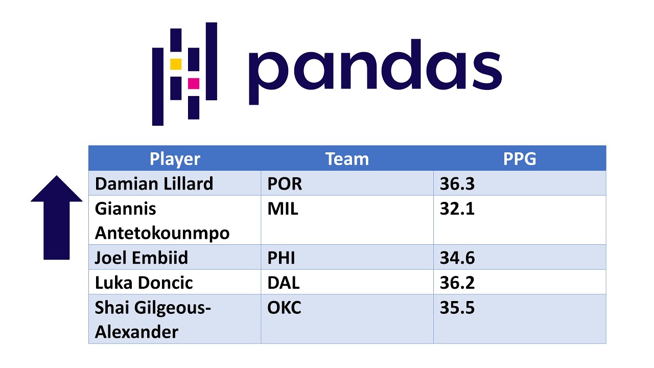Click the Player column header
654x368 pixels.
pos(175,159)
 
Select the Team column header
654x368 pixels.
pos(347,159)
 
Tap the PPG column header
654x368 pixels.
pos(520,159)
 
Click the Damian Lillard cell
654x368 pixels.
pos(154,183)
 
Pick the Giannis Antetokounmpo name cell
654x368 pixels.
pos(162,221)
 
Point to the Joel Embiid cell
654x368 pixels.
pos(142,258)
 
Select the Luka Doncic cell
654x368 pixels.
pos(144,283)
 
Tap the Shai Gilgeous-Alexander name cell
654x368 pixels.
pos(153,320)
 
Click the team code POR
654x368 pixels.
pos(285,184)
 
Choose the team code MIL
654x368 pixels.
pos(283,209)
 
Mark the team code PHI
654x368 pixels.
pos(281,258)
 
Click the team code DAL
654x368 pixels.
pos(283,283)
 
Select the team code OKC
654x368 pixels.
pos(284,308)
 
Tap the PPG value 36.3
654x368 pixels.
pos(457,184)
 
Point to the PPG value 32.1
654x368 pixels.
pos(457,209)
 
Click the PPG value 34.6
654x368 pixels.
pos(457,258)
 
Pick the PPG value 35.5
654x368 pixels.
pos(457,308)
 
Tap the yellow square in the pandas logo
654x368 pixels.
pos(176,64)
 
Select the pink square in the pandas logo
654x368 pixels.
pos(193,83)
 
